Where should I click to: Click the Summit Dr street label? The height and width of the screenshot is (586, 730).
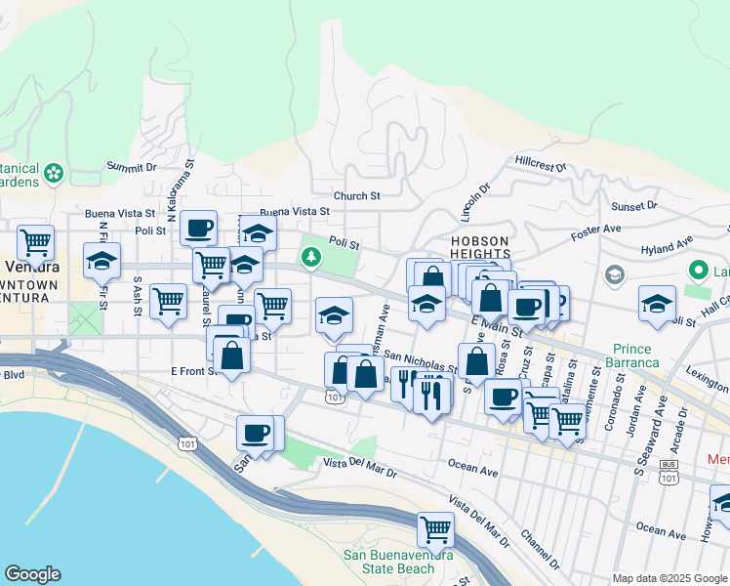click(x=132, y=167)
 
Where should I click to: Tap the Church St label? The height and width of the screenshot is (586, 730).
click(x=356, y=195)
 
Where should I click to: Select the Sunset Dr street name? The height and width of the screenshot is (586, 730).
click(x=634, y=206)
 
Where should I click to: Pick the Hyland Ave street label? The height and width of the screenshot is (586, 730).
click(x=667, y=243)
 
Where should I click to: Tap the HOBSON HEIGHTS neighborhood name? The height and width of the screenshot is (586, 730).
click(x=479, y=247)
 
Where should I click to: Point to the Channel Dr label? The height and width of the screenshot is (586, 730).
click(x=539, y=553)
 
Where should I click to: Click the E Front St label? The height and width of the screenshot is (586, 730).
click(x=191, y=371)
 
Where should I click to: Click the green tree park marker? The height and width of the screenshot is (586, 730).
click(x=311, y=258)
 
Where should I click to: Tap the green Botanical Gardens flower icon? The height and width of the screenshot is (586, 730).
click(x=54, y=174)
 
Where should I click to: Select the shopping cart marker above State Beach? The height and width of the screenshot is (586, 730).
click(x=435, y=529)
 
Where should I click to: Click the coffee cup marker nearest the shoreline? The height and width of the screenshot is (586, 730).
click(x=257, y=433)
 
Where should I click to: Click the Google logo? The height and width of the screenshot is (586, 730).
click(x=32, y=574)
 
